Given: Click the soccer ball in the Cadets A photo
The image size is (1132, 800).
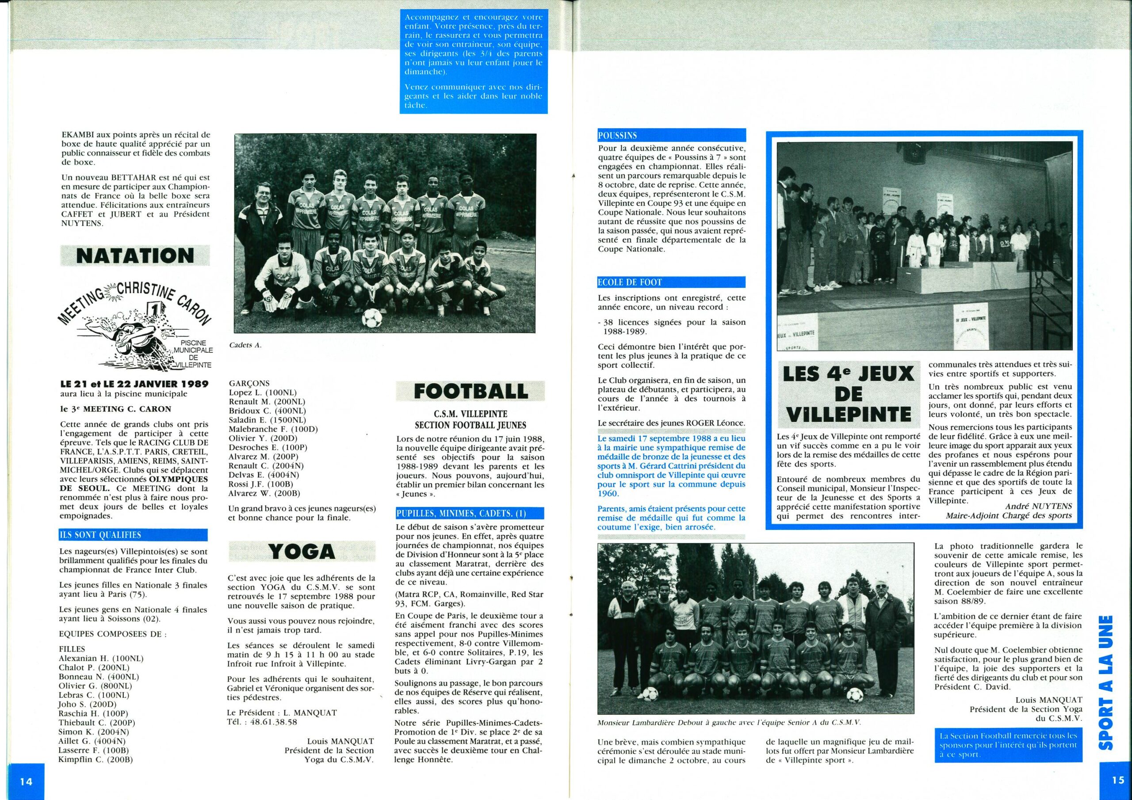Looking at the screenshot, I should [371, 318].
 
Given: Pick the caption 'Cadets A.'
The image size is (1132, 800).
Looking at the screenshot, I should [245, 345].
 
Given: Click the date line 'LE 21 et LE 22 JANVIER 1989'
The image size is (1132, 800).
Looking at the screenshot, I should [134, 384].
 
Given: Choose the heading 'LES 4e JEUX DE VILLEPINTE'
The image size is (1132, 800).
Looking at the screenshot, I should [848, 394].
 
